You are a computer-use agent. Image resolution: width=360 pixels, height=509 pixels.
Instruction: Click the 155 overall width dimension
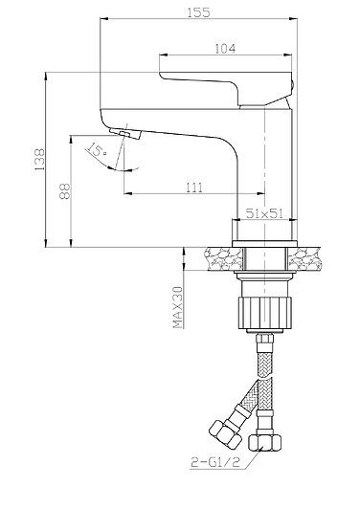pyautogui.click(x=198, y=12)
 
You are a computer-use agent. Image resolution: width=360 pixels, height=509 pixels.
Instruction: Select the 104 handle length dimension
pyautogui.click(x=225, y=49)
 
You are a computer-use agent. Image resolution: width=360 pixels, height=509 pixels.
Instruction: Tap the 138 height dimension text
pyautogui.click(x=39, y=160)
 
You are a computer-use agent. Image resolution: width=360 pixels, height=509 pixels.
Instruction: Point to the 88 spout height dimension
pyautogui.click(x=64, y=191)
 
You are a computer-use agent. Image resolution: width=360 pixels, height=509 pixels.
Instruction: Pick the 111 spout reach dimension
pyautogui.click(x=194, y=188)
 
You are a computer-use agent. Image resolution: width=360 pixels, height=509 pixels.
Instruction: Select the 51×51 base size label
pyautogui.click(x=264, y=213)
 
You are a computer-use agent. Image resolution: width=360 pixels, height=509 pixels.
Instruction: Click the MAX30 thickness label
pyautogui.click(x=178, y=307)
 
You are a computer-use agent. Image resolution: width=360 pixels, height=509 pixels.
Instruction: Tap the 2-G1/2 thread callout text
pyautogui.click(x=215, y=462)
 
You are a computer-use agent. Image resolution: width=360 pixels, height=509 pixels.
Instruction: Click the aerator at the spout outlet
pyautogui.click(x=125, y=133)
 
